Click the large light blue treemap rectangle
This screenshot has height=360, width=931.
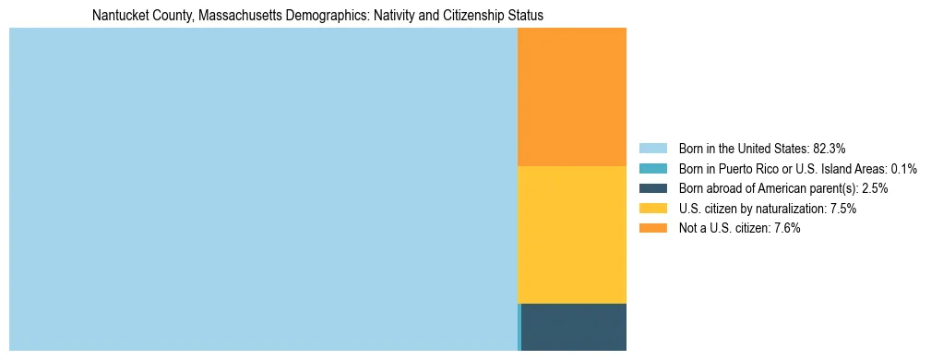(263, 189)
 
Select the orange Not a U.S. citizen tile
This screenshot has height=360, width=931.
(572, 97)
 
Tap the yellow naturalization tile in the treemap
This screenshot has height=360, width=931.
(572, 234)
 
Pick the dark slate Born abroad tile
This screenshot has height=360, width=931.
(574, 327)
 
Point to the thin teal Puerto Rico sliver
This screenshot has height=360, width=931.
(519, 327)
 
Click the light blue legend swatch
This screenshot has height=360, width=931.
(652, 148)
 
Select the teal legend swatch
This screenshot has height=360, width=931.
(652, 168)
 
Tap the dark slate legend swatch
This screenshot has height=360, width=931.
(652, 188)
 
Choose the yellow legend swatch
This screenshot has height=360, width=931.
(652, 209)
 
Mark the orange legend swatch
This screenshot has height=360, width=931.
(652, 229)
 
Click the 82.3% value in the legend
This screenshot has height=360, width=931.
(830, 148)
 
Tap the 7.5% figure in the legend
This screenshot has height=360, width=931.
(843, 209)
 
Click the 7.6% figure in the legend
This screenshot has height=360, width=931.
(787, 229)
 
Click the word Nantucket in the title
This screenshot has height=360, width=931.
(118, 16)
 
